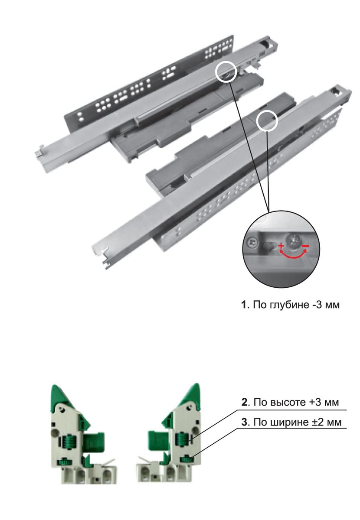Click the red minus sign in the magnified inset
(305, 246)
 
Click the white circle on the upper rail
(226, 72)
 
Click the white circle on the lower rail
(267, 120)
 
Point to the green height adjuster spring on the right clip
(182, 440)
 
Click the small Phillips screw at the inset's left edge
(252, 243)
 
